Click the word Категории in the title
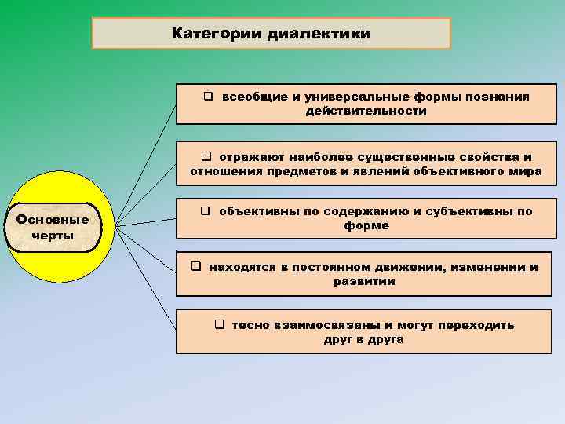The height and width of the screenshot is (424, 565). (x=217, y=35)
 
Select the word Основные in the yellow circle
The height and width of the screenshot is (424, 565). (x=53, y=219)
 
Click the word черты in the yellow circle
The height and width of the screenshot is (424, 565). (x=53, y=236)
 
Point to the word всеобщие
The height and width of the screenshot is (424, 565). (x=250, y=97)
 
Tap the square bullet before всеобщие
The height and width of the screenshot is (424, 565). (x=209, y=97)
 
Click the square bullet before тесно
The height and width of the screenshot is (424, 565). (x=221, y=324)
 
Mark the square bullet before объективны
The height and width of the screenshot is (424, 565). (x=206, y=210)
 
